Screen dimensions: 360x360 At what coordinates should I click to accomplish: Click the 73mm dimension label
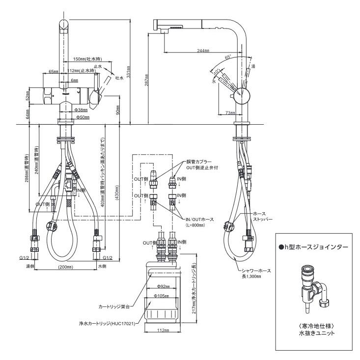tap(230, 113)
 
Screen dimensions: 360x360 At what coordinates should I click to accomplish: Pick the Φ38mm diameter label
tap(81, 110)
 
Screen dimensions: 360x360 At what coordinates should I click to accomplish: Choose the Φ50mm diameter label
tap(81, 118)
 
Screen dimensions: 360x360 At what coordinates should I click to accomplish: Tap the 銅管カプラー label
tap(198, 162)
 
